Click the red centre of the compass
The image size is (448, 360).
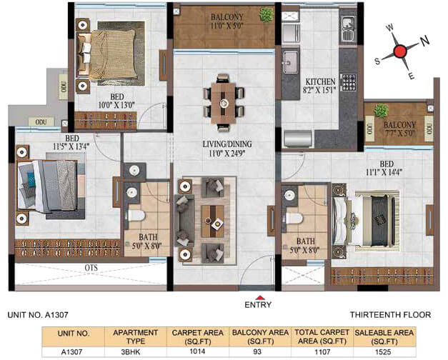pos(400,51)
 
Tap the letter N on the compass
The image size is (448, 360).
pos(425,41)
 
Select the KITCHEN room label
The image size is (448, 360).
pos(321,81)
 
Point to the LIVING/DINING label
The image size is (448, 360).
pos(227,144)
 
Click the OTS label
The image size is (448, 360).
pos(91,268)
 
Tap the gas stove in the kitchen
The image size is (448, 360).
pos(349,82)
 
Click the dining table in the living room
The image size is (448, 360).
pos(224,103)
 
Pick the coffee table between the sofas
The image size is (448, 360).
pos(213,221)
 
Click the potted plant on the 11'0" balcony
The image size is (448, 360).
pos(267,14)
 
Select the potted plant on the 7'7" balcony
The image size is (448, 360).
pos(381,111)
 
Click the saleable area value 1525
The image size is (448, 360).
pos(383,352)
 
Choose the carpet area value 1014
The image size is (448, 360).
pos(197,351)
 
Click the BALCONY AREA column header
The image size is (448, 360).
pos(260,337)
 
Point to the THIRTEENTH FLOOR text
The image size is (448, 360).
pos(390,315)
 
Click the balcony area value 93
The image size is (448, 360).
pos(257,351)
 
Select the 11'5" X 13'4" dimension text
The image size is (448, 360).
pos(71,146)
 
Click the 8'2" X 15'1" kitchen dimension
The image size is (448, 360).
pos(319,90)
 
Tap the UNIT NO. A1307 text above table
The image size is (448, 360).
pos(38,315)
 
